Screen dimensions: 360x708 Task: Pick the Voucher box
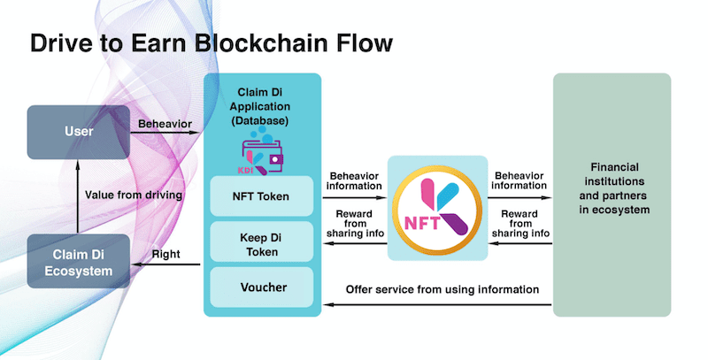[262, 287]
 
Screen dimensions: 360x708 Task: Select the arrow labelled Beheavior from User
[166, 134]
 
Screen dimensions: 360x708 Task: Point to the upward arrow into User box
[79, 194]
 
